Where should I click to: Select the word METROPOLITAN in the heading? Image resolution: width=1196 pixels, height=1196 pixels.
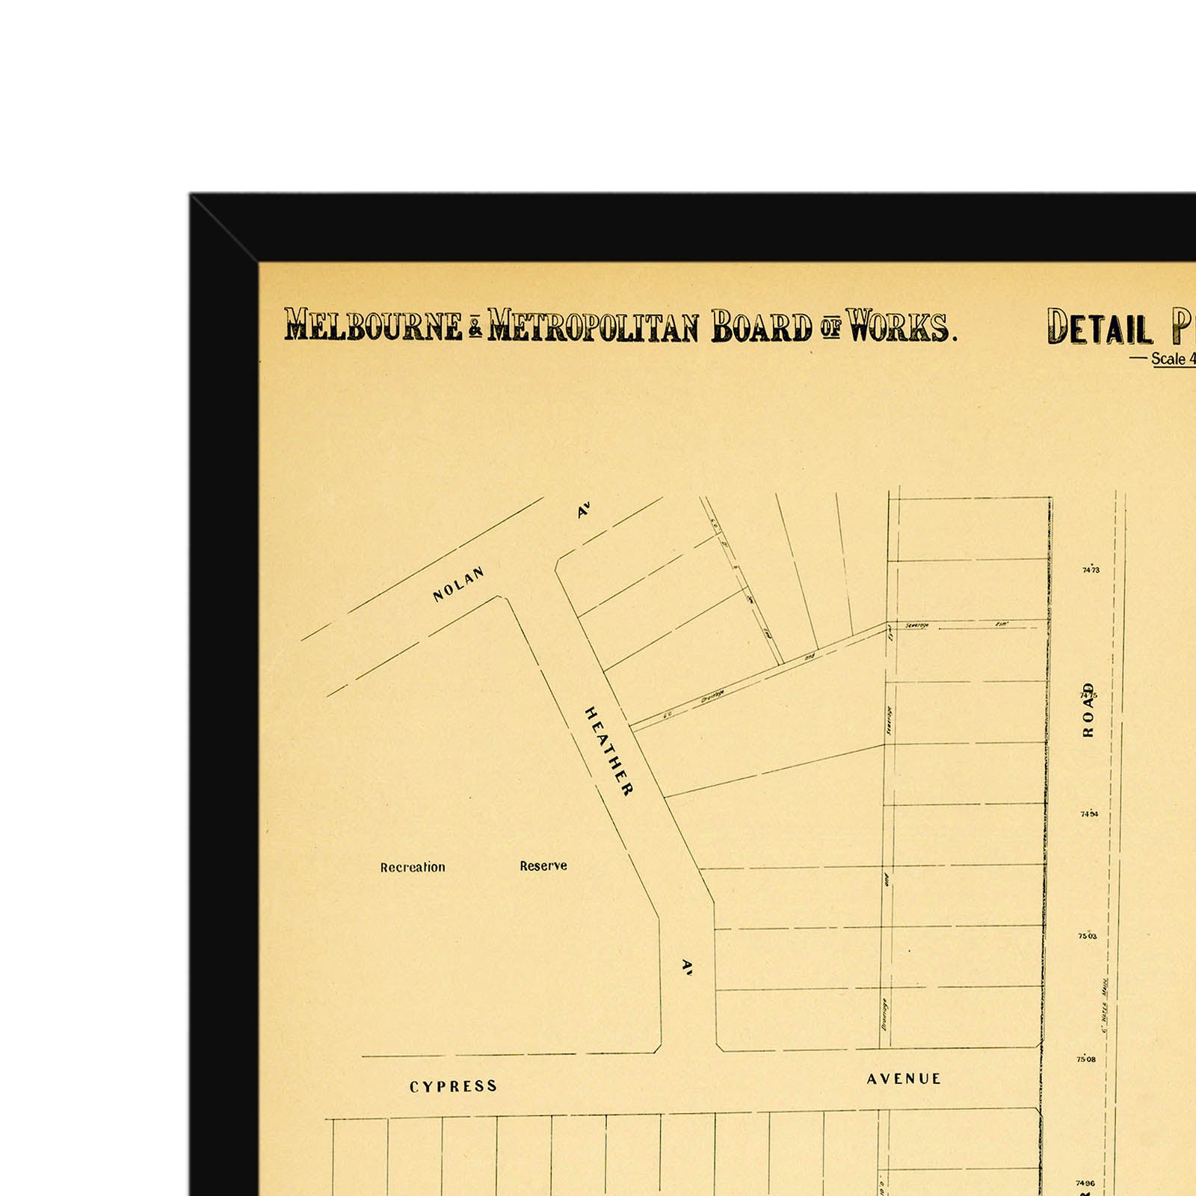pos(593,327)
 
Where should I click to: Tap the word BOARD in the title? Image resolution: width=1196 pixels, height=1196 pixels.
pos(761,327)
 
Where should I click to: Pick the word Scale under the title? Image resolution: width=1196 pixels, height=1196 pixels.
pos(1168,359)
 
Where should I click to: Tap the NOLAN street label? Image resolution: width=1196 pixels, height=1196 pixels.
pos(458,584)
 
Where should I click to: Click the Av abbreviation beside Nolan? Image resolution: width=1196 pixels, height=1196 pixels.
pos(584,511)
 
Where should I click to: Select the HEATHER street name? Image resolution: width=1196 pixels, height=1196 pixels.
pos(608,750)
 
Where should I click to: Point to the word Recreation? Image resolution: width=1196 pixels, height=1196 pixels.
pos(413,867)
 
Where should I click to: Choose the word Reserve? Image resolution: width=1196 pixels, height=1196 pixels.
pos(543,866)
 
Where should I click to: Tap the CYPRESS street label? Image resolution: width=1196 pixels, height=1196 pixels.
pos(453,1086)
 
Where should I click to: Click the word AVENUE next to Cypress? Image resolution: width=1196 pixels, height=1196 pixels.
pos(904,1079)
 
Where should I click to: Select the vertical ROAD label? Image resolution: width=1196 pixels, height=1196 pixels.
pos(1088,709)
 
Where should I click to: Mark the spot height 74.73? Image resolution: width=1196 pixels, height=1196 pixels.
pos(1091,570)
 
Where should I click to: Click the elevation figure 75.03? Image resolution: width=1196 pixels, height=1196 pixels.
pos(1088,936)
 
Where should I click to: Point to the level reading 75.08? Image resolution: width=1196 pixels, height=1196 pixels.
pos(1086,1059)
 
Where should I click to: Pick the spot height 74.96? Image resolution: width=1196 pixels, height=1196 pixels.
pos(1085,1183)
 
